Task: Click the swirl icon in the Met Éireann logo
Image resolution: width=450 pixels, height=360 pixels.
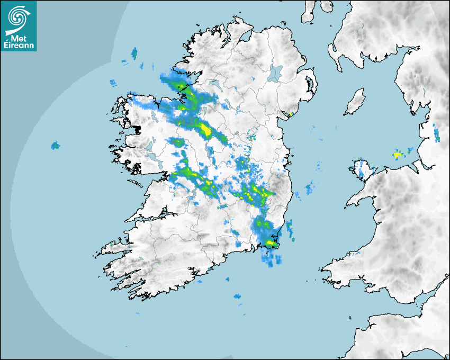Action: (x=18, y=17)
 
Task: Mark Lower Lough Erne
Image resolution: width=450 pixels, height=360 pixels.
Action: (x=214, y=84)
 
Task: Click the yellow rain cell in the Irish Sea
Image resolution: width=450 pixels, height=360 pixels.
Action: (x=397, y=155)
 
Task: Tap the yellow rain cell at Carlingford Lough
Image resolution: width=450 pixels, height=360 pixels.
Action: (x=291, y=114)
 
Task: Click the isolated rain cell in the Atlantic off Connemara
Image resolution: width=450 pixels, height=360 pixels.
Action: (x=55, y=145)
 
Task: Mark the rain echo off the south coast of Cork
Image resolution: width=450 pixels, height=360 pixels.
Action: (x=238, y=297)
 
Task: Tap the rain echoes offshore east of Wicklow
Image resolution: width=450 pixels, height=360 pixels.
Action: (x=309, y=188)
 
